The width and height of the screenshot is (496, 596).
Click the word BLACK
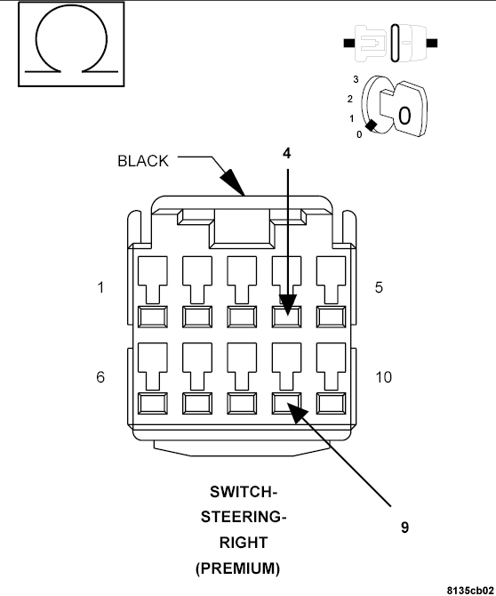coord(143,161)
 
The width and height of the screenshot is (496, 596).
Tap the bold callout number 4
coord(287,153)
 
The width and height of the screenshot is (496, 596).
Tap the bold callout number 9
coord(404,528)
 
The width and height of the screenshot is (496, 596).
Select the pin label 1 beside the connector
coord(100,287)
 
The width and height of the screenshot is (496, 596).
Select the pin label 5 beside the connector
coord(379,287)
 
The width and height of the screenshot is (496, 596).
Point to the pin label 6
coord(100,377)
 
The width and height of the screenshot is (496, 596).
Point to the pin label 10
coord(383,377)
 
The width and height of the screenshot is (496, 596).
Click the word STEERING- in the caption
coord(244,518)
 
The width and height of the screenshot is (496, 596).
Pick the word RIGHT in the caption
coord(244,543)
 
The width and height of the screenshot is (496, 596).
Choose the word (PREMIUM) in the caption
coord(238,568)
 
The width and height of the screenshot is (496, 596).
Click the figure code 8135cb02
coord(471,591)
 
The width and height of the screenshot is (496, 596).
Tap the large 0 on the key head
coord(404,116)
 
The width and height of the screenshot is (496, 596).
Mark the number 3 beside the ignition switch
coord(356,79)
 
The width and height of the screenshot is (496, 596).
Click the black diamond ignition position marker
coord(371,125)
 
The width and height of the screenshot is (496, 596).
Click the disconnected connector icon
coord(390,43)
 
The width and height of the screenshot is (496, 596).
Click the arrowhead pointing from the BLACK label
coord(232,182)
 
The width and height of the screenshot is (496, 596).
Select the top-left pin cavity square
coord(153,317)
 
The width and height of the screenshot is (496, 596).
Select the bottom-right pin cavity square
coord(332,404)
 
